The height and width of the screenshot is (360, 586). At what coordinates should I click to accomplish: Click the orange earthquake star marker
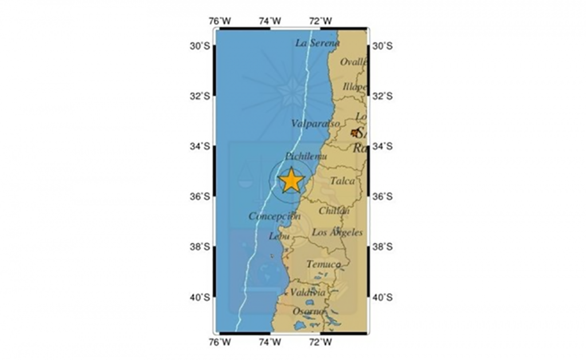[291, 180]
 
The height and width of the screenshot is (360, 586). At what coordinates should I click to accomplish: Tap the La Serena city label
[318, 43]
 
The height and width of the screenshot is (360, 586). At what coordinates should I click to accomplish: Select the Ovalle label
[353, 62]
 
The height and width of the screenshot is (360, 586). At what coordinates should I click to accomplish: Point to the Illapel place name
[355, 87]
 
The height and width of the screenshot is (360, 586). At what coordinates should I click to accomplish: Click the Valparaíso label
[315, 124]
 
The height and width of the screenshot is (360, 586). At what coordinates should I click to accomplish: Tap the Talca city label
[342, 181]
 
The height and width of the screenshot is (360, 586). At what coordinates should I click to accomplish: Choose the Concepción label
[275, 216]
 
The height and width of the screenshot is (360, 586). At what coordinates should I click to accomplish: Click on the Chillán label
[334, 211]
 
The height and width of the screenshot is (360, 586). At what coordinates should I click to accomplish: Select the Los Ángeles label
[337, 232]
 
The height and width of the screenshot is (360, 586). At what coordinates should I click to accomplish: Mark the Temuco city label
[324, 264]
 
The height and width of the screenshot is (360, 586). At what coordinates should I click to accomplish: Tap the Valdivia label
[308, 292]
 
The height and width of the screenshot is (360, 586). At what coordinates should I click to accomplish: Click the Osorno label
[309, 311]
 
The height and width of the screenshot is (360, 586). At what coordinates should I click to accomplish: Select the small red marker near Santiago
[355, 133]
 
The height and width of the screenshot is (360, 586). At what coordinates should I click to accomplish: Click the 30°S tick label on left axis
[200, 46]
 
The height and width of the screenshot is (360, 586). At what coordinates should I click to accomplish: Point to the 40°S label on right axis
[382, 297]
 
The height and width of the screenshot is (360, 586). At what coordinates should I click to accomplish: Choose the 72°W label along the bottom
[320, 343]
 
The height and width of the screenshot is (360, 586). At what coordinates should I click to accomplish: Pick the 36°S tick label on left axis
[200, 196]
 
